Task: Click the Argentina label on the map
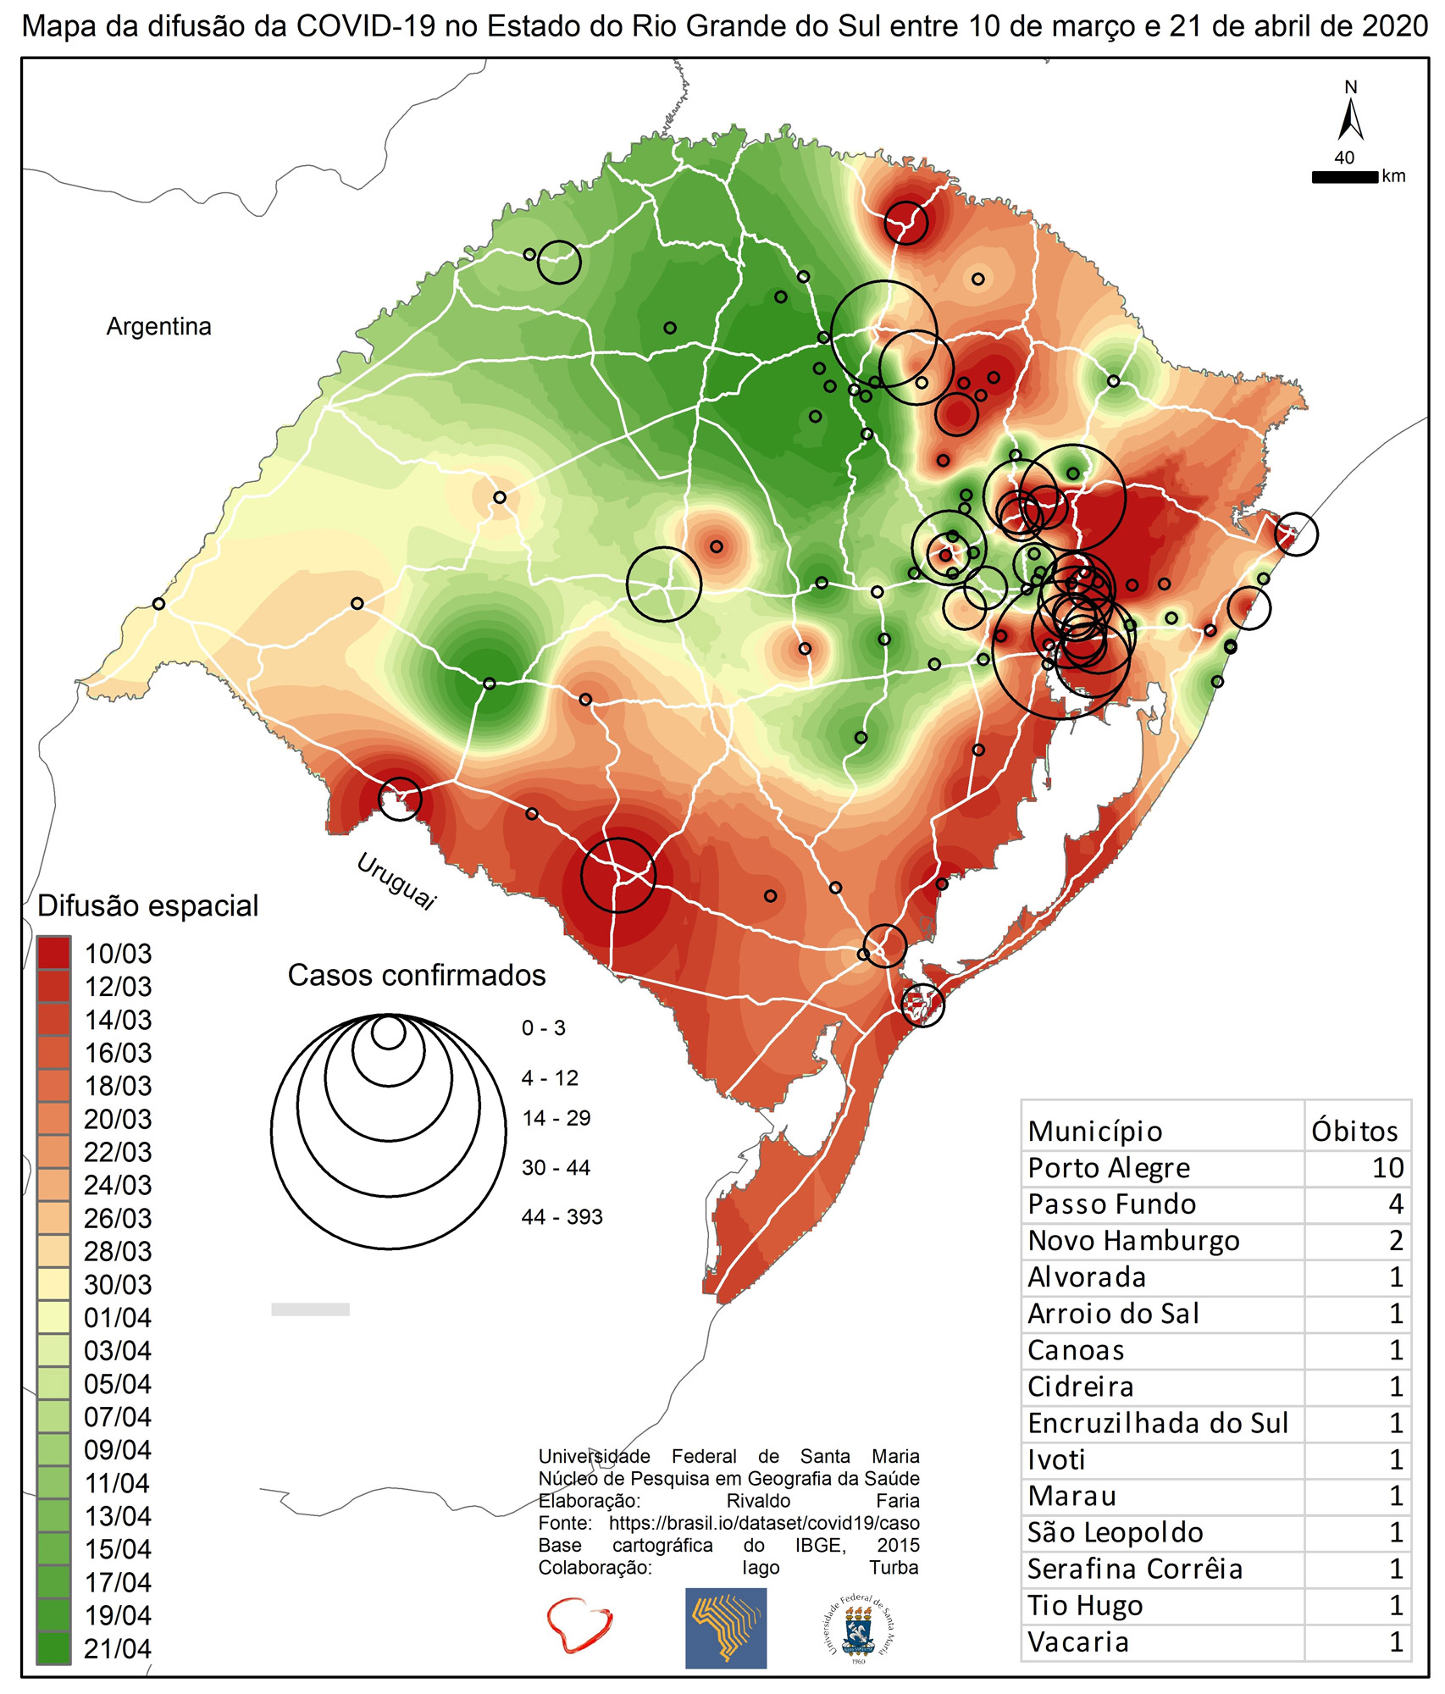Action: (158, 327)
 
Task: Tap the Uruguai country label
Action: (396, 881)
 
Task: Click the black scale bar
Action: (1344, 177)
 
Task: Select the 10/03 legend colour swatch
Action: (54, 953)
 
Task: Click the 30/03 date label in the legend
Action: (118, 1285)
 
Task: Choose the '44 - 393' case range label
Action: (562, 1217)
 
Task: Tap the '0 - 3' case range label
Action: (543, 1028)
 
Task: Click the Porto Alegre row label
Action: (1108, 1168)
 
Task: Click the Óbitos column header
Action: (1354, 1132)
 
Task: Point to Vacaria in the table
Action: (1077, 1642)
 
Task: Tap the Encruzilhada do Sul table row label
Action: (1157, 1424)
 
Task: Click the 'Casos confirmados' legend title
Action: (417, 976)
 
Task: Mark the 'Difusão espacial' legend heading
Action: (148, 905)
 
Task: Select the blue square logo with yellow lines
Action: (725, 1627)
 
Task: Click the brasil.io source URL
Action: (764, 1523)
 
